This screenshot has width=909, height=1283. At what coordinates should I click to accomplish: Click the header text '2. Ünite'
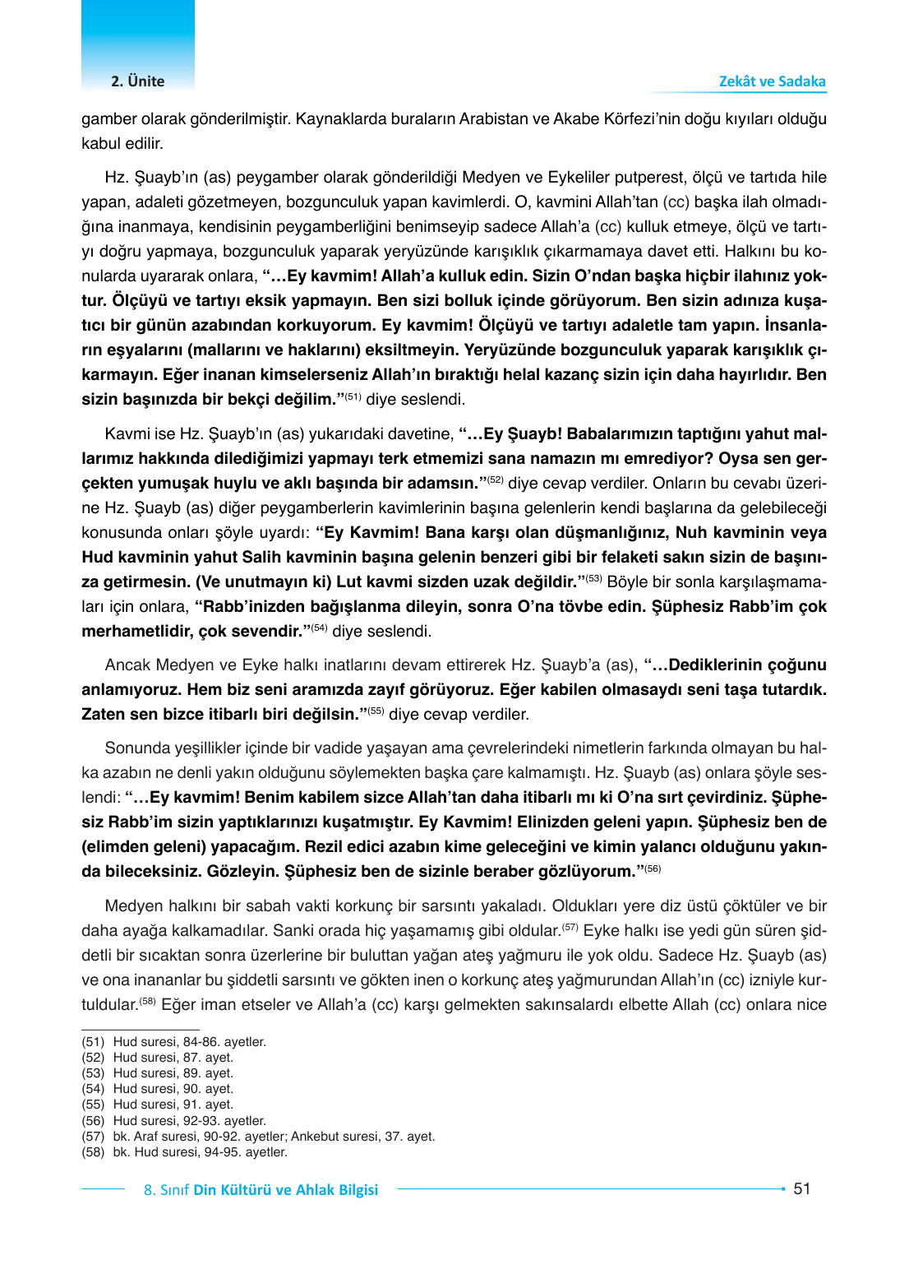(x=137, y=81)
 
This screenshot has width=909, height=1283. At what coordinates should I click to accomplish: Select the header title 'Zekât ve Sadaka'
(x=772, y=81)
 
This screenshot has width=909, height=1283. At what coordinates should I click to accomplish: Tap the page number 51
(x=801, y=1188)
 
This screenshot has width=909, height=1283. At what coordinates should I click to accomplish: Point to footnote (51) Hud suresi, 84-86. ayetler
(x=174, y=1042)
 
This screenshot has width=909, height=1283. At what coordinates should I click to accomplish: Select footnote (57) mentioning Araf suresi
(x=258, y=1137)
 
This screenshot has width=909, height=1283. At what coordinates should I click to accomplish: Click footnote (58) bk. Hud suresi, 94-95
(x=185, y=1152)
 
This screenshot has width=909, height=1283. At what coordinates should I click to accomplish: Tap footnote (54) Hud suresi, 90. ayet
(x=158, y=1089)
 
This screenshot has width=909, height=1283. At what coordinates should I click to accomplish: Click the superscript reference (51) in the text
(x=353, y=397)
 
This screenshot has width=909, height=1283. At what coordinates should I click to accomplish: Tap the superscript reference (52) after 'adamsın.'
(x=495, y=480)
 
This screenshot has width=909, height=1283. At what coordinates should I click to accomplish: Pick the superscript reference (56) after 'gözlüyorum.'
(x=652, y=869)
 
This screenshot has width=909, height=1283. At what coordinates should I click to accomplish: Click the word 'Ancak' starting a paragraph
(x=127, y=665)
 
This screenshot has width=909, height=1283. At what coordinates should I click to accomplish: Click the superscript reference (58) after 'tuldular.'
(x=147, y=1002)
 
